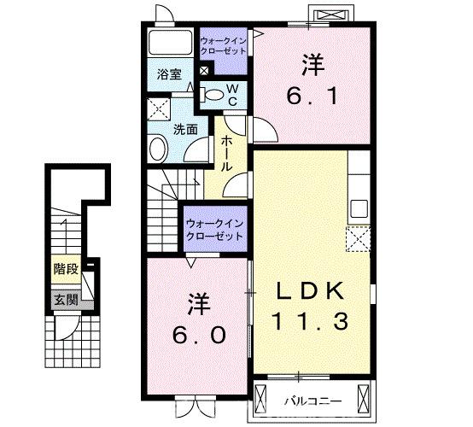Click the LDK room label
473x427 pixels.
coord(311,292)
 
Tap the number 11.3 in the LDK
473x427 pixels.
coord(309,322)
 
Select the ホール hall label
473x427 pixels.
coord(227,154)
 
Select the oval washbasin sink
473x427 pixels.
coord(159,150)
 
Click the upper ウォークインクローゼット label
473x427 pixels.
coord(223,45)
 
